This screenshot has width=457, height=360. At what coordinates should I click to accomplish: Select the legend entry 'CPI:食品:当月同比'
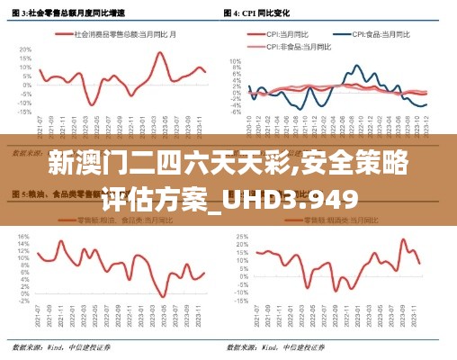coord(368,33)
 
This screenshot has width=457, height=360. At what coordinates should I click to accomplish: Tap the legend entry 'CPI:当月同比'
coord(285,33)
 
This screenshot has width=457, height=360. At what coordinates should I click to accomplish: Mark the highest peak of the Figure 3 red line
coord(160,52)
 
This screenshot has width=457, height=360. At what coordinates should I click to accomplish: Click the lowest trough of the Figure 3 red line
coord(93,105)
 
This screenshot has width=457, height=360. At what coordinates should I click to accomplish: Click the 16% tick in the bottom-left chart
coord(23,236)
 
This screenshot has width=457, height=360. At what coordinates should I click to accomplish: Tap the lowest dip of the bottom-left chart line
coord(162,296)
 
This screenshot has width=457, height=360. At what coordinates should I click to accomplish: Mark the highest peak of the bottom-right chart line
coord(403,239)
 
